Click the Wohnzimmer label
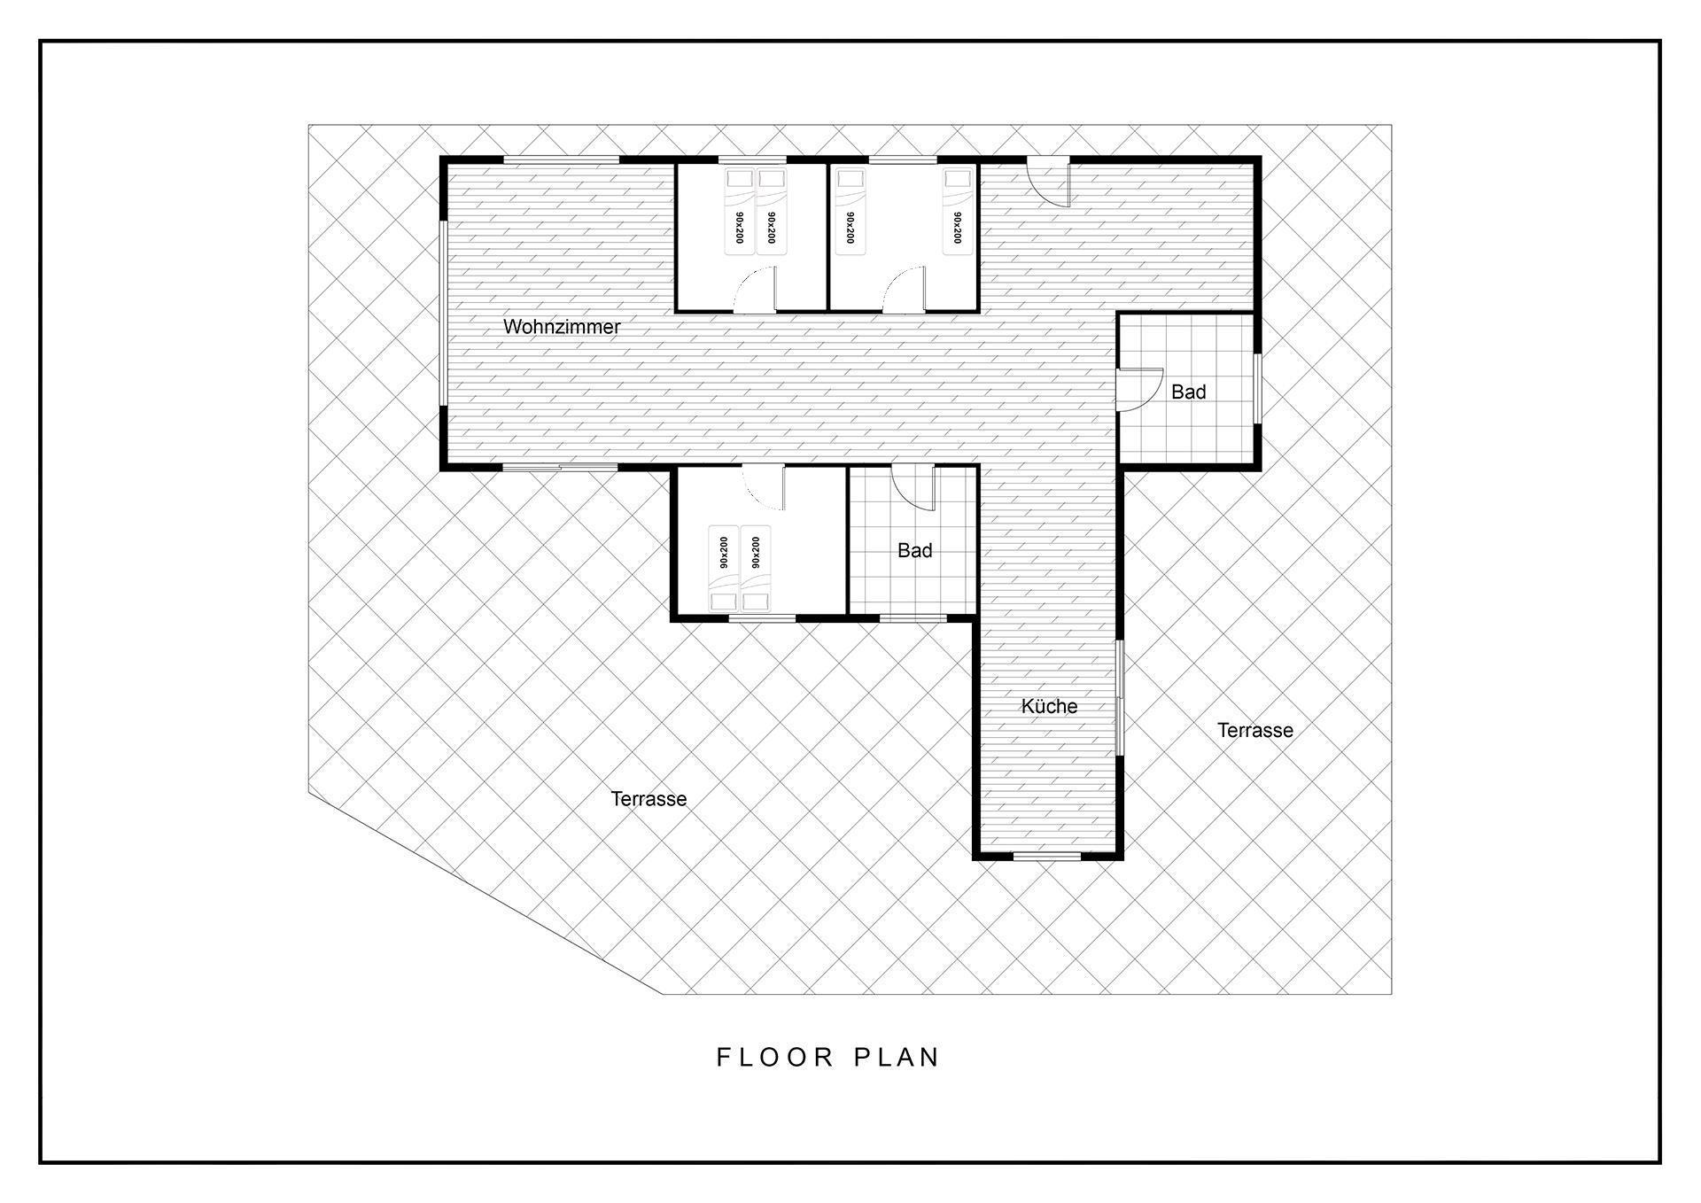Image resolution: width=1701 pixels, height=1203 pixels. (562, 327)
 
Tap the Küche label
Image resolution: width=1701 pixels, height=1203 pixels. (1049, 706)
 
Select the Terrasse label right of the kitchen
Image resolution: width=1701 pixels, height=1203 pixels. (1254, 730)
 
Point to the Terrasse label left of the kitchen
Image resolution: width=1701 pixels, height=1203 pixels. (649, 798)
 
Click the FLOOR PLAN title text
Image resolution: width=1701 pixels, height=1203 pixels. (828, 1057)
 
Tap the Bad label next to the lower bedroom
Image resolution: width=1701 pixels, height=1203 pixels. (914, 550)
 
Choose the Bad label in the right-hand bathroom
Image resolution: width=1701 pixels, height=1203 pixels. (1188, 392)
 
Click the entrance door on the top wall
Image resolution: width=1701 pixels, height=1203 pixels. (1049, 182)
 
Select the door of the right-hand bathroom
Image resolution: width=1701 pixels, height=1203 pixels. (1141, 390)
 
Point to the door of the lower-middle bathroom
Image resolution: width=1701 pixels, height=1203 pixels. (913, 488)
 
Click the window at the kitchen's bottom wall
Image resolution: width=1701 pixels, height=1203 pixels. (1047, 856)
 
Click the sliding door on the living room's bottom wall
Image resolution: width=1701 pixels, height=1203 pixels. (560, 467)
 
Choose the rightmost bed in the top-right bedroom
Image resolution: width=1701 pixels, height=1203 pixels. (956, 212)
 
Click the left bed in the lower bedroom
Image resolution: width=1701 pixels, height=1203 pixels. (723, 569)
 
